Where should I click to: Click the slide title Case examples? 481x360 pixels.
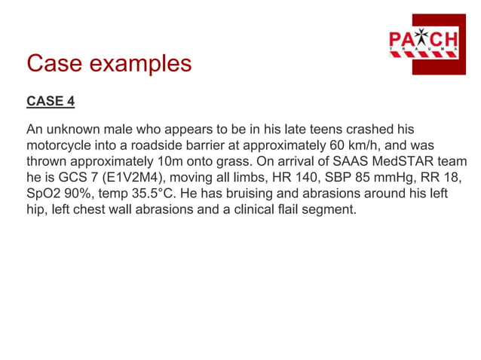[109, 63]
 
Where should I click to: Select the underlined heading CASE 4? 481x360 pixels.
[51, 101]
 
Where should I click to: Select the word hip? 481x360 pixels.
[35, 210]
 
